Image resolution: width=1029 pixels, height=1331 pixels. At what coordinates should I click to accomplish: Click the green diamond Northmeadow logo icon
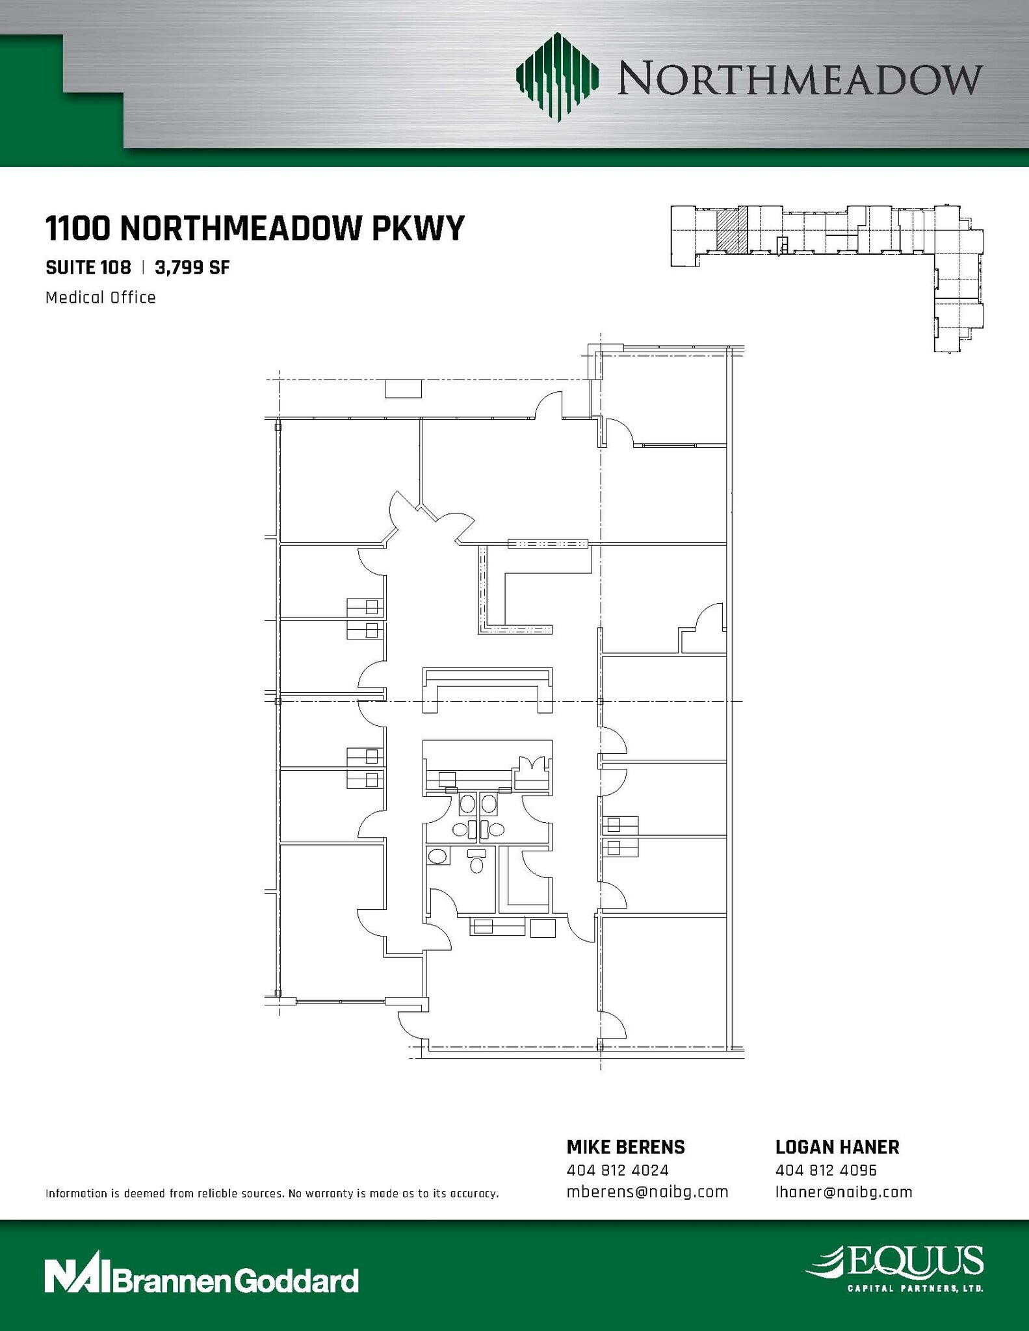[557, 77]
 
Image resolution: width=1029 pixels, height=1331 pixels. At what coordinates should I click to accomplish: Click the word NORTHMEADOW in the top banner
[800, 79]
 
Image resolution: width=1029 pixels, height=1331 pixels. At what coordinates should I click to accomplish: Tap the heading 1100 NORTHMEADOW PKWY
[255, 228]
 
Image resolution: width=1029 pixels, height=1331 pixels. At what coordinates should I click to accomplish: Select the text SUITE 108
[88, 267]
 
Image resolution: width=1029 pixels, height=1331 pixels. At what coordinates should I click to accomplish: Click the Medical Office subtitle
[101, 298]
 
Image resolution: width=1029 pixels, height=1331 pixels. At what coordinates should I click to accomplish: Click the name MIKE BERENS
[625, 1148]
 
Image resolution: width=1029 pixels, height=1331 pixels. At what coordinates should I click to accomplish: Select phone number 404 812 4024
[618, 1170]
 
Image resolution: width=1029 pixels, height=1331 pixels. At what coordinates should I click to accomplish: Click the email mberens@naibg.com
[647, 1193]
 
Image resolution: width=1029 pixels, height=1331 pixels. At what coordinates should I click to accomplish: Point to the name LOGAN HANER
[837, 1148]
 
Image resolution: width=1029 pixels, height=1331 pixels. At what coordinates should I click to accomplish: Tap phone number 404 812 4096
[826, 1170]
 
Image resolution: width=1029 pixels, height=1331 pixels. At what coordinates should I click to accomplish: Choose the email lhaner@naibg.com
[844, 1193]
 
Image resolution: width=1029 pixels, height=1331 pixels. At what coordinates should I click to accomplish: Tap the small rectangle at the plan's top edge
[403, 389]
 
